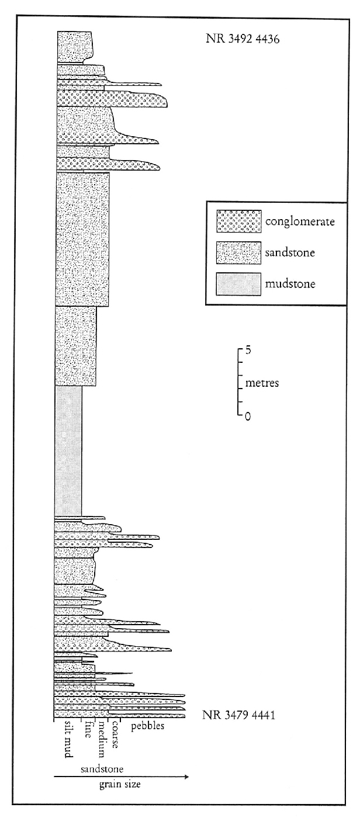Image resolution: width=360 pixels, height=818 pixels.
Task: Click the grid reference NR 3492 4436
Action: [x=243, y=39]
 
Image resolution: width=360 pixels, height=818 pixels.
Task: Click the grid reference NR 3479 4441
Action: [x=238, y=715]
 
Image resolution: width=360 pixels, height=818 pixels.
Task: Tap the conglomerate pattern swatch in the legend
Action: [x=239, y=221]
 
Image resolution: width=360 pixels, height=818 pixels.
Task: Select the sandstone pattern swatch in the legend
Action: [x=239, y=252]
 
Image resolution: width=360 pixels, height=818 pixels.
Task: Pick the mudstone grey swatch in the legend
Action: [x=239, y=284]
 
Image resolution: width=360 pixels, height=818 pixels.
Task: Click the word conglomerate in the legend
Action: [x=300, y=222]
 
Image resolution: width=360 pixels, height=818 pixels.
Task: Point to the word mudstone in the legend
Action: [x=290, y=284]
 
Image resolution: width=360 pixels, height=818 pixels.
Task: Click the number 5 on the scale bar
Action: [x=248, y=351]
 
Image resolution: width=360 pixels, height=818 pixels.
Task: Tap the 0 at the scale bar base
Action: [x=248, y=416]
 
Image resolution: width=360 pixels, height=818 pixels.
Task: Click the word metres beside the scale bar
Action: [x=262, y=383]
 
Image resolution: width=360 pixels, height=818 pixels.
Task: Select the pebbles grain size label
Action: [x=147, y=726]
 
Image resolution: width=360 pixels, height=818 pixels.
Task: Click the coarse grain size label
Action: [x=115, y=734]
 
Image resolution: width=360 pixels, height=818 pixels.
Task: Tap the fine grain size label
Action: [x=88, y=730]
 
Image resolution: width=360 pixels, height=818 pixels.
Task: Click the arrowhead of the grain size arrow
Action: [x=186, y=777]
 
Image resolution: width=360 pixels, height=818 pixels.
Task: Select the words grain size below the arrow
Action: [x=120, y=785]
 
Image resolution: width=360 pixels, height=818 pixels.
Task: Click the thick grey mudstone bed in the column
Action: [x=68, y=450]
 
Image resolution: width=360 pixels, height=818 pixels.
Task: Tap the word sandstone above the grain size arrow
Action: [x=102, y=769]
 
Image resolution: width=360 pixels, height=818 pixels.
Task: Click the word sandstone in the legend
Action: [x=290, y=252]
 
